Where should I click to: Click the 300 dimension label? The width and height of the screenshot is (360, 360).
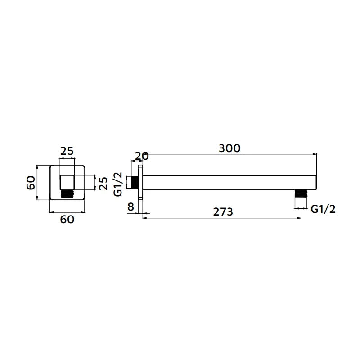click(229, 148)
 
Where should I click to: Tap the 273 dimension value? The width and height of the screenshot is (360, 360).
click(223, 211)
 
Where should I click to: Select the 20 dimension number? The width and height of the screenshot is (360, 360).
click(142, 156)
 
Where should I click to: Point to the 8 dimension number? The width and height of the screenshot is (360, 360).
click(130, 207)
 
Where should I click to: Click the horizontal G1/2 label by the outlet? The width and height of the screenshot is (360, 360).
click(323, 209)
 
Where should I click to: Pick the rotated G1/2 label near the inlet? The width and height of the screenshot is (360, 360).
click(118, 184)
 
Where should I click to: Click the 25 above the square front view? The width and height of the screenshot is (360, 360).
click(67, 151)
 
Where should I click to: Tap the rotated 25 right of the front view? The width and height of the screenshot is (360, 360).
click(103, 183)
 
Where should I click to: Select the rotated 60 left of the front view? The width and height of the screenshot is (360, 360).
click(31, 183)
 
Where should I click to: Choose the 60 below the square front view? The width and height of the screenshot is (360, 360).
click(67, 220)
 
